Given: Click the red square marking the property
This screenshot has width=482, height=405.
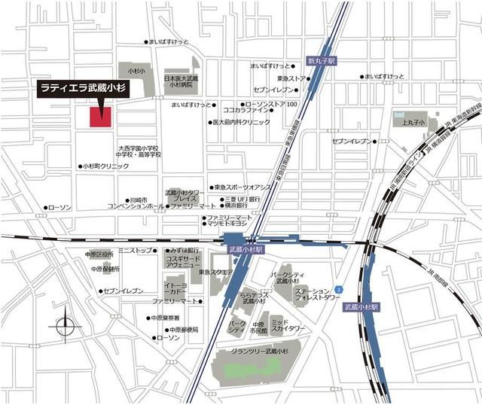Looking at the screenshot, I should [x=101, y=117].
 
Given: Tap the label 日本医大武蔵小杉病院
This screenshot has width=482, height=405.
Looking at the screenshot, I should [x=181, y=82].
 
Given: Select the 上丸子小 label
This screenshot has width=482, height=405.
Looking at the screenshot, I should [x=414, y=121].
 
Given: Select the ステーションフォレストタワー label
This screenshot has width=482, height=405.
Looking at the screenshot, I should [x=316, y=294].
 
